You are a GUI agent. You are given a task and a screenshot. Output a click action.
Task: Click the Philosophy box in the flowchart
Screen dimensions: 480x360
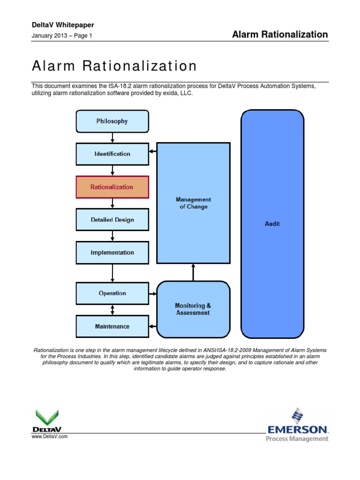pos(112,121)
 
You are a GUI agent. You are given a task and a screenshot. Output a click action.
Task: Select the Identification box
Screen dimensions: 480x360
pos(112,154)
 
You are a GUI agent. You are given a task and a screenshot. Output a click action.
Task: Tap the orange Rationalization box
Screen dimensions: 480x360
pos(112,187)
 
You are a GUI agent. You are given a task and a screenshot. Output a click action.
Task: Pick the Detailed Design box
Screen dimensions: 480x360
pos(112,219)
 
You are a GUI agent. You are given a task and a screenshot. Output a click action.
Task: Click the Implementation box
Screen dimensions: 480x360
pos(112,252)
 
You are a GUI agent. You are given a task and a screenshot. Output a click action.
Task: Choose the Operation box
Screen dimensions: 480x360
pos(112,293)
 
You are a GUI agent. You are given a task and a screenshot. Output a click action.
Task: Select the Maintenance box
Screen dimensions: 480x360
pos(112,326)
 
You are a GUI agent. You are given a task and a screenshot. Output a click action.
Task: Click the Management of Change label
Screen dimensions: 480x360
pos(193,203)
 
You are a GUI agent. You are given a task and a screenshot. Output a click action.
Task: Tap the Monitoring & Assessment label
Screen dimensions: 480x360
pos(193,309)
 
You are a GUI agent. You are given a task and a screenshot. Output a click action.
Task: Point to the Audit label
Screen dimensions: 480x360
pos(272,224)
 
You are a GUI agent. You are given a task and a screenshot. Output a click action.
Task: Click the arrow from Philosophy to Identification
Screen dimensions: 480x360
pos(112,137)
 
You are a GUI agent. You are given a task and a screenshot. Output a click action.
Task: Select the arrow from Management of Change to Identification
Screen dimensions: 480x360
pos(152,151)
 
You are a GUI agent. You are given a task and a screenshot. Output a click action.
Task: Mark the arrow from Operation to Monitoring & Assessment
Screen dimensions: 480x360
pos(152,294)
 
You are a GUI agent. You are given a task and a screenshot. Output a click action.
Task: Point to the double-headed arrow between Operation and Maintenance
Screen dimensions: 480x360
pos(112,310)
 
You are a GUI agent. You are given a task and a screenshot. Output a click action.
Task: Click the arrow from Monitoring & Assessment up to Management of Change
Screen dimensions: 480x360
pos(193,272)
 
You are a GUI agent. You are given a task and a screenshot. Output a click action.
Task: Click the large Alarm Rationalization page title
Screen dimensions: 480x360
pos(114,66)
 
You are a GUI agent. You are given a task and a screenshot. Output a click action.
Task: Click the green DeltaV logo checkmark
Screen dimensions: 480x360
pos(47,417)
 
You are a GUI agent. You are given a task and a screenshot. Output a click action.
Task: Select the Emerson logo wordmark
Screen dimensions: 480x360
pos(298,429)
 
